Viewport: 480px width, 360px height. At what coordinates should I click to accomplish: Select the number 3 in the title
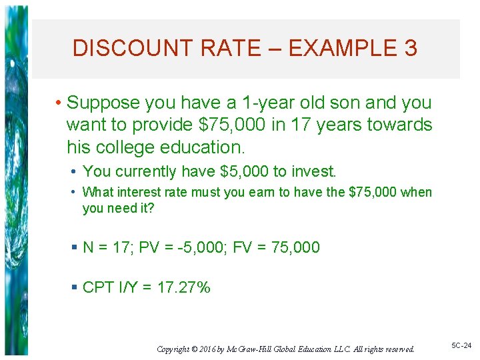[410, 48]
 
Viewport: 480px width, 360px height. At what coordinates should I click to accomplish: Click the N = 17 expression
[108, 248]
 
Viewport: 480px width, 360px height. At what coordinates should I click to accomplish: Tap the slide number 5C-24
[461, 346]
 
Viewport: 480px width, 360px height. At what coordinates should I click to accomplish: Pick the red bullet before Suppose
[59, 103]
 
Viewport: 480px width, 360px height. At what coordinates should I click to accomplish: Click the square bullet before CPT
[74, 288]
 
